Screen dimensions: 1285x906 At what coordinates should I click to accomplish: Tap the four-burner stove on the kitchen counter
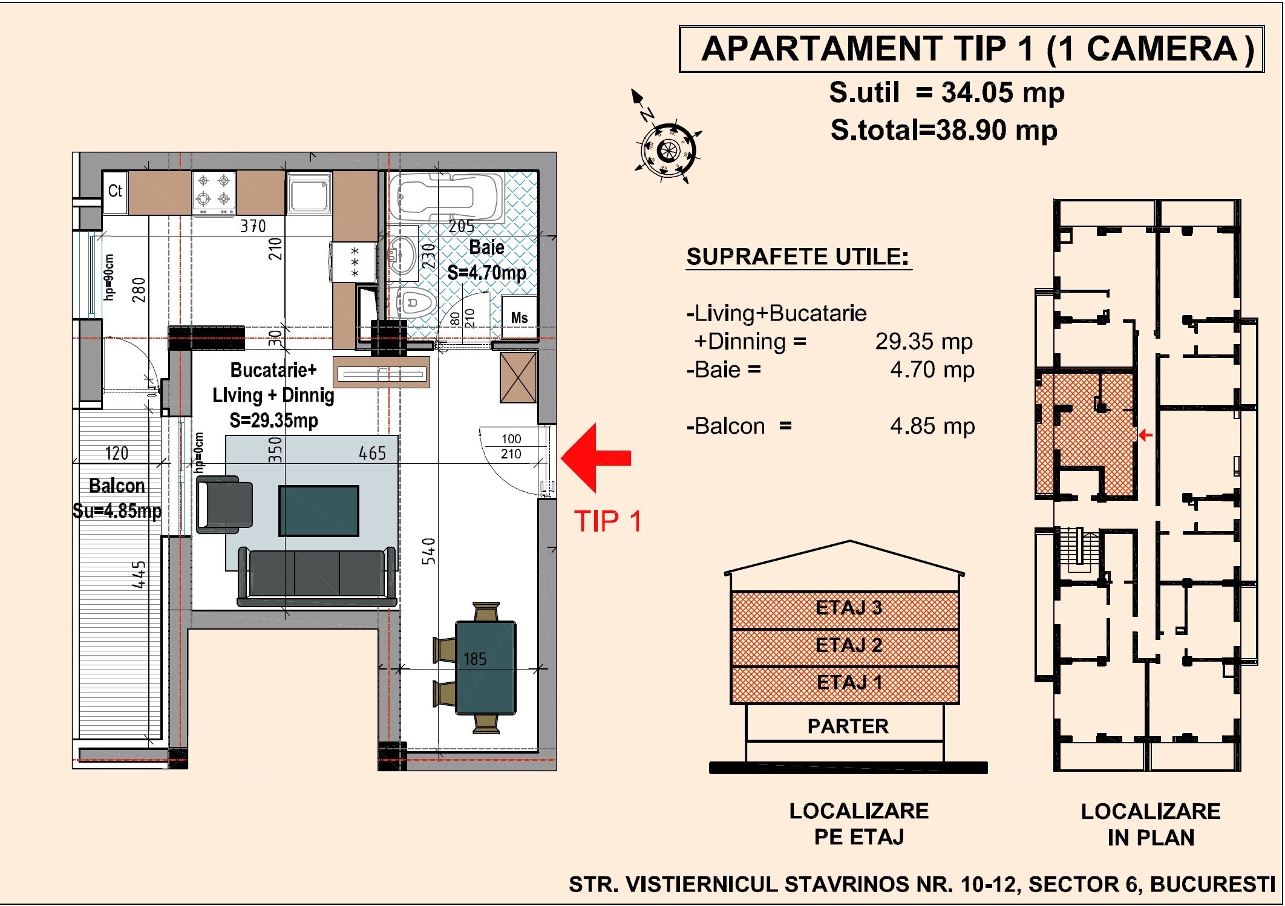pyautogui.click(x=214, y=192)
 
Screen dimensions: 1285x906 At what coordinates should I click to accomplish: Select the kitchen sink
pyautogui.click(x=309, y=194)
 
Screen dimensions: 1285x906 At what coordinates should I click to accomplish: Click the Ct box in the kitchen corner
pyautogui.click(x=115, y=192)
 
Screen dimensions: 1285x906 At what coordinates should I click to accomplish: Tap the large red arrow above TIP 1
pyautogui.click(x=597, y=458)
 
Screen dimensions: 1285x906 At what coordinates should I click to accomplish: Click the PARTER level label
pyautogui.click(x=848, y=726)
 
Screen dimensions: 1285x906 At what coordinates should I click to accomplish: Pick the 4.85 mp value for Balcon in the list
pyautogui.click(x=932, y=426)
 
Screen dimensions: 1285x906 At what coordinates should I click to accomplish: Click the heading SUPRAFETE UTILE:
pyautogui.click(x=798, y=256)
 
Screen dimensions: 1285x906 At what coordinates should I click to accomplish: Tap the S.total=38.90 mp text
pyautogui.click(x=944, y=130)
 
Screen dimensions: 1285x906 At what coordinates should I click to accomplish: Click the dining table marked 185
pyautogui.click(x=485, y=668)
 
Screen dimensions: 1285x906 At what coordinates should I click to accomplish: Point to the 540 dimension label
pyautogui.click(x=428, y=551)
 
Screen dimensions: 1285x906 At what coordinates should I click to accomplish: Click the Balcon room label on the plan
pyautogui.click(x=117, y=486)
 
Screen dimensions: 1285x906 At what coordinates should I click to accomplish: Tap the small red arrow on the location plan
pyautogui.click(x=1145, y=435)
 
